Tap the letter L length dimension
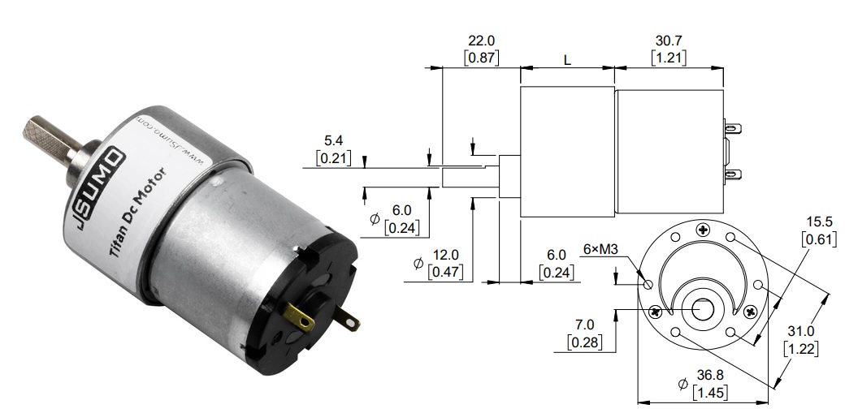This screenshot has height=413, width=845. pos(566,61)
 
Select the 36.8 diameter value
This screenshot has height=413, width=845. pos(710,376)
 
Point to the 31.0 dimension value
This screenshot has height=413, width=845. pos(801,331)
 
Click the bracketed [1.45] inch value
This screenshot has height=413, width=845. pos(710,393)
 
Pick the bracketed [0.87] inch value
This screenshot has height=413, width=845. pos(481,58)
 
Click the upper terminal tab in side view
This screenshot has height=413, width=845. pos(733,128)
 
